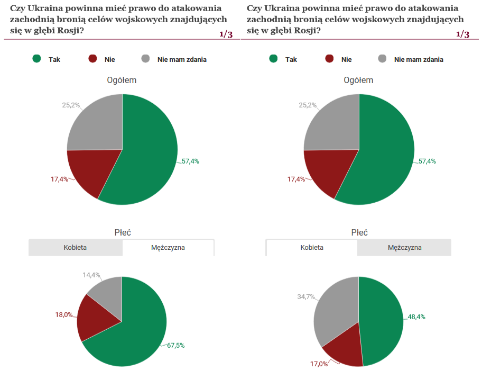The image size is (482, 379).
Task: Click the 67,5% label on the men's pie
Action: pos(175,346)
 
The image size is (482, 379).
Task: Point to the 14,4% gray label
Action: pos(91,275)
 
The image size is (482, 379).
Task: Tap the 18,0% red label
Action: pos(64,314)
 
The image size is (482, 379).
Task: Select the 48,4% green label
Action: pos(416,317)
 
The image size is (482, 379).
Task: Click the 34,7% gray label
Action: pos(306,297)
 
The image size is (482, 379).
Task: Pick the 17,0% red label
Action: pos(319,364)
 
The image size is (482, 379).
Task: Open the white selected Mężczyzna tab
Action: pos(168,247)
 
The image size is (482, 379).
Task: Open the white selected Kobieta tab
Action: pos(312,247)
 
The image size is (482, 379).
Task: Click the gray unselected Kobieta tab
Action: pos(75,247)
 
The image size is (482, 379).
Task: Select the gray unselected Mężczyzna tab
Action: pos(405,247)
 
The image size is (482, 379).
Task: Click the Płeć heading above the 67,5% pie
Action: pos(123,232)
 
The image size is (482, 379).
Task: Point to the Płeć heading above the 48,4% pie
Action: pos(359,232)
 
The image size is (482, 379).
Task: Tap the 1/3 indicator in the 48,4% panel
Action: pos(462,34)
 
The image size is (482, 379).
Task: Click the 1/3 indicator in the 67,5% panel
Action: pos(226,34)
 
